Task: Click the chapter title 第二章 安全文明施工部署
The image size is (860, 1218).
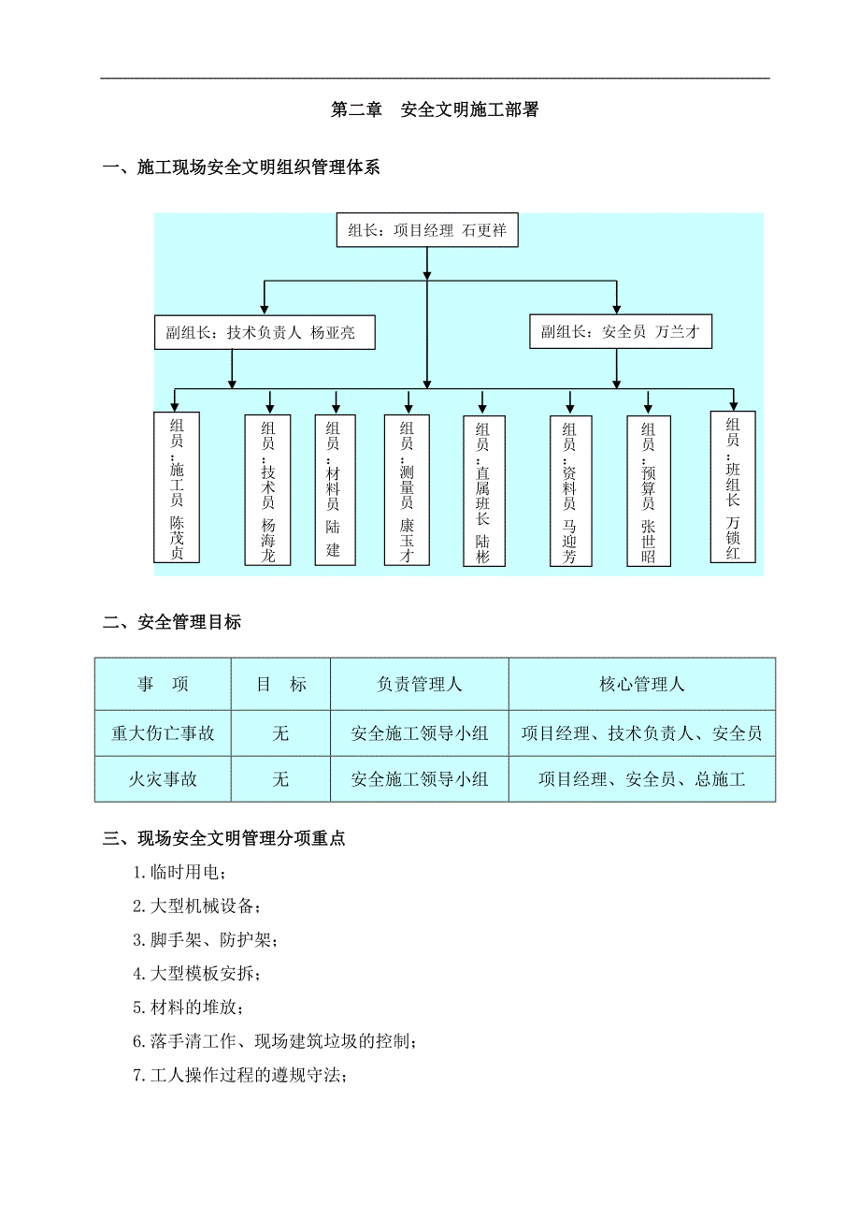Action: [435, 110]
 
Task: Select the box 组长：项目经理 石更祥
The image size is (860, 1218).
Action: [427, 230]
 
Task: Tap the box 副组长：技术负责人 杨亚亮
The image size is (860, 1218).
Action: [265, 333]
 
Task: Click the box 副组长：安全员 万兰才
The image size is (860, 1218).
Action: [621, 332]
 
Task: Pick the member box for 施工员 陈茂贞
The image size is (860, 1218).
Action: [177, 487]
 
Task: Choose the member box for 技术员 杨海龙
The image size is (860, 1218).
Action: [268, 490]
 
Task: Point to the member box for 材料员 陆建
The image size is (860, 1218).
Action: [333, 489]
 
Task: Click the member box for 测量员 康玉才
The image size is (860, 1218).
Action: [407, 490]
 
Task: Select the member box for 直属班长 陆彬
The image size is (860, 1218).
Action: [482, 490]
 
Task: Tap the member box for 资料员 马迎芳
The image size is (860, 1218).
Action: [569, 491]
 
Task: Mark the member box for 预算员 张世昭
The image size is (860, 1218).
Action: [648, 491]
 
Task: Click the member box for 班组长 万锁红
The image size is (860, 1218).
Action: [733, 486]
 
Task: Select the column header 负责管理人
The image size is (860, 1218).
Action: [419, 685]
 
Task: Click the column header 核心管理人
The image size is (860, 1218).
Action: [641, 685]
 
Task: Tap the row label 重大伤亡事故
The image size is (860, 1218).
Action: [163, 733]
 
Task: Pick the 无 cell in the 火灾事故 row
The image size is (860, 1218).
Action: [280, 779]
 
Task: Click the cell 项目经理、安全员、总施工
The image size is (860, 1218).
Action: [641, 779]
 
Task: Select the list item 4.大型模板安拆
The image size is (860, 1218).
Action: [197, 974]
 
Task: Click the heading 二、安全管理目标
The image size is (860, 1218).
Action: [172, 622]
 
